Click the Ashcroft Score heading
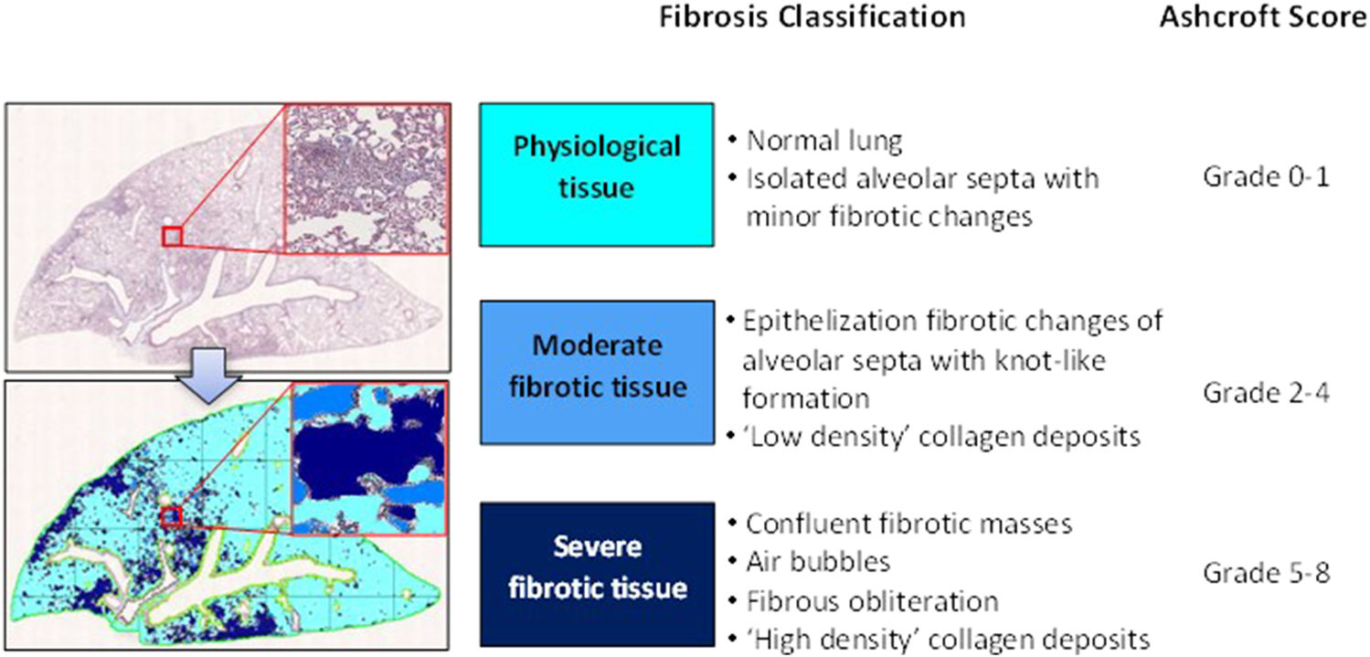1263,17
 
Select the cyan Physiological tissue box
596,174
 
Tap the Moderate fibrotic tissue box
596,372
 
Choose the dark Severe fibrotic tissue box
596,572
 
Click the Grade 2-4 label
1265,393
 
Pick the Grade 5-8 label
1265,573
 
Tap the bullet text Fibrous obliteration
872,601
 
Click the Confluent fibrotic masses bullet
908,525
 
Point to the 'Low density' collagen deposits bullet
942,437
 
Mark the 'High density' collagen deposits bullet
947,639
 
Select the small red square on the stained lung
172,237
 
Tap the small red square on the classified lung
172,517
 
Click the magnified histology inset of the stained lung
365,177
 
